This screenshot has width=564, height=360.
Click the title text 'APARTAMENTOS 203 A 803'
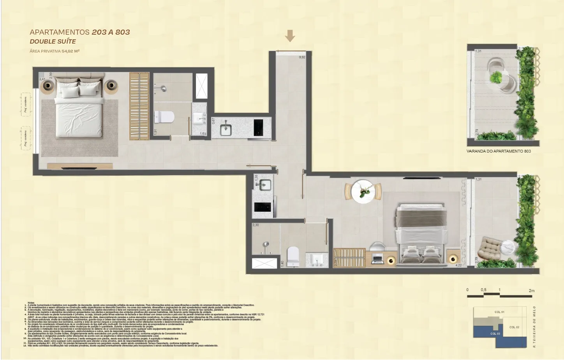(80, 32)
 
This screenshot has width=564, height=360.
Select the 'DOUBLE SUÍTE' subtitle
(53, 41)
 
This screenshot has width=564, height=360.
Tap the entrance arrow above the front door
(290, 36)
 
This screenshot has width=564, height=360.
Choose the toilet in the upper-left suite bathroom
(164, 117)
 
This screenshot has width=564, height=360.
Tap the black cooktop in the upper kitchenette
(258, 127)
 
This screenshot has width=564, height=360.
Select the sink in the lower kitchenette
(263, 184)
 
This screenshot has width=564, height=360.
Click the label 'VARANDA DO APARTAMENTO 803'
(499, 151)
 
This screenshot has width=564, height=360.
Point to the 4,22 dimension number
(458, 265)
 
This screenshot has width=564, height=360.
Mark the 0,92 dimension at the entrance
(302, 57)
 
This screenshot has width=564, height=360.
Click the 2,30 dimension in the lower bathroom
(256, 225)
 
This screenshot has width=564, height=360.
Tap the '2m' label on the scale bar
(532, 290)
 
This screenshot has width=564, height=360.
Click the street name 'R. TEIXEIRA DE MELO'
(534, 327)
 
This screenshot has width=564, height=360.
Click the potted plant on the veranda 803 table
(497, 77)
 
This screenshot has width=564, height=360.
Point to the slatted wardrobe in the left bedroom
(139, 106)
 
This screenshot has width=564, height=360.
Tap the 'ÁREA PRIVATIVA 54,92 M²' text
(55, 51)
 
